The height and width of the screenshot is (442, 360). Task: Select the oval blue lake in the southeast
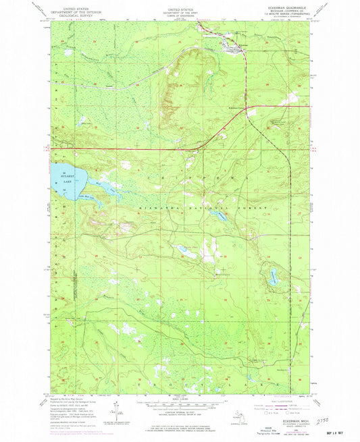click(x=274, y=275)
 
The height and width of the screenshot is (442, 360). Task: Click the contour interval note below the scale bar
click(x=180, y=410)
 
